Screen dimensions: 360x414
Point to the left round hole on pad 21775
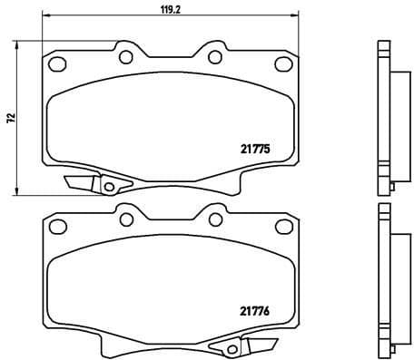pyautogui.click(x=124, y=57)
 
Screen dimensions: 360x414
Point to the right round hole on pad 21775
pyautogui.click(x=215, y=57)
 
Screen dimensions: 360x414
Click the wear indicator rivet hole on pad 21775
pyautogui.click(x=110, y=188)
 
